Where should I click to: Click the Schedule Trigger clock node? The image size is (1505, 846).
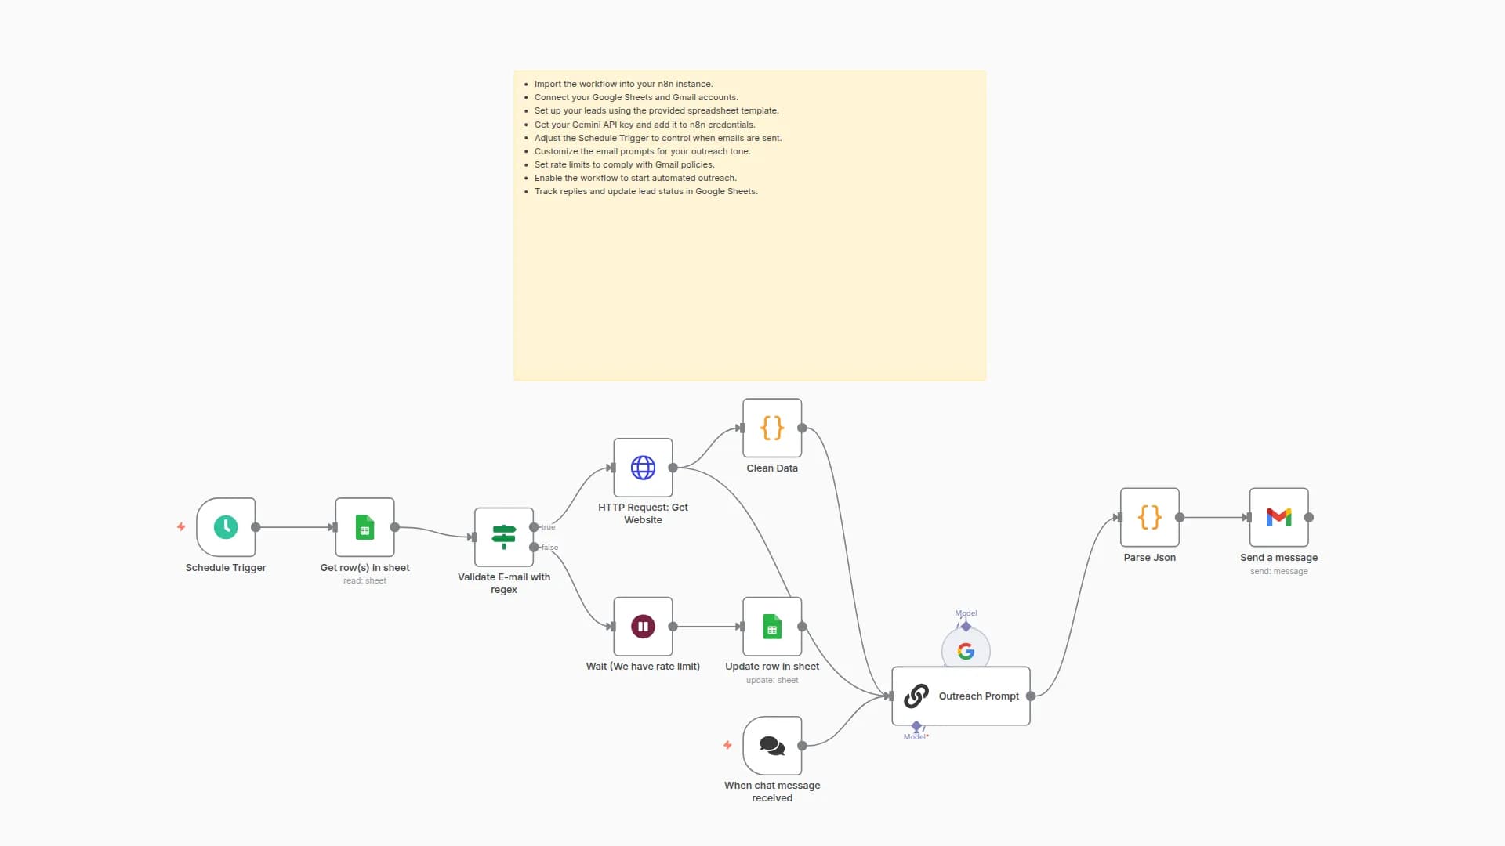(226, 527)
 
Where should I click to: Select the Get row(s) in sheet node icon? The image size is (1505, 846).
(364, 527)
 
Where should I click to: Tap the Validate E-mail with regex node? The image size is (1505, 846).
(503, 537)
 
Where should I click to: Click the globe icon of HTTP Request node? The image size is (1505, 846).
(643, 468)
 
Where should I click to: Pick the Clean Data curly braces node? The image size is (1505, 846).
(772, 428)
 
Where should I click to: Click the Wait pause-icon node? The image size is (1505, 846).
(643, 627)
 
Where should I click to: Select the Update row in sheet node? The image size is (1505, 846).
(772, 627)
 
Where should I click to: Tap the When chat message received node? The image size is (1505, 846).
(772, 746)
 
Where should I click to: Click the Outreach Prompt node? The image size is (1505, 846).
(960, 696)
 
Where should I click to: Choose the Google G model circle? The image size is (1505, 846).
(966, 651)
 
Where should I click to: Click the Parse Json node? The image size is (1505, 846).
(1149, 517)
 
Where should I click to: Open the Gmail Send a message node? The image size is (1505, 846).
(1278, 517)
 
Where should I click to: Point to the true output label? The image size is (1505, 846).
(548, 527)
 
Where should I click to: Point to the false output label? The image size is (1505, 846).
(550, 548)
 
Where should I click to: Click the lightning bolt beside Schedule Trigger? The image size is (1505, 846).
(181, 527)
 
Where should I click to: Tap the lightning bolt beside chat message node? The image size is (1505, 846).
(727, 746)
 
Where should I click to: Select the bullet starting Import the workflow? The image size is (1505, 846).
(623, 84)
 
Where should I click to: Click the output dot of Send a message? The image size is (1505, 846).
(1308, 517)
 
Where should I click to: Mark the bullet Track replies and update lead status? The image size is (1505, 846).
(646, 191)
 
